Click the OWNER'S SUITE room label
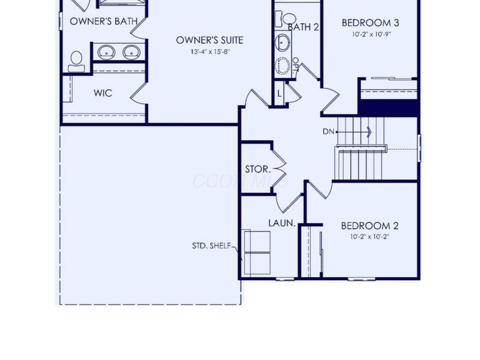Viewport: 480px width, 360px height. [x=209, y=40]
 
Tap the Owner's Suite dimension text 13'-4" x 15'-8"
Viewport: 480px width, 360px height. [x=209, y=52]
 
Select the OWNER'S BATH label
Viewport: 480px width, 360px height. [x=104, y=21]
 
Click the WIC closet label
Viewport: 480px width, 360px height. [x=103, y=93]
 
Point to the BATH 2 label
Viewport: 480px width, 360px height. [x=303, y=27]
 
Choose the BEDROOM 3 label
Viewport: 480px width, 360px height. [x=370, y=23]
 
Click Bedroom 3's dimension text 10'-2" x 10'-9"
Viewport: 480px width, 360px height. [x=370, y=35]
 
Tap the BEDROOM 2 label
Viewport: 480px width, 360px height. [x=370, y=226]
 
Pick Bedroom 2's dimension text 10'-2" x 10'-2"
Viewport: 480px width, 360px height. [x=370, y=238]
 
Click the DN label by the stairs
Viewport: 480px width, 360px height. [x=328, y=131]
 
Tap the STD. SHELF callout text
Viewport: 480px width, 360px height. [x=211, y=245]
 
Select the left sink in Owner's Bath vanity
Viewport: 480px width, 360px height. [x=107, y=52]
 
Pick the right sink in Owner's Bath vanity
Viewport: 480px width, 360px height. [x=131, y=52]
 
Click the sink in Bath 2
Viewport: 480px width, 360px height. [x=283, y=43]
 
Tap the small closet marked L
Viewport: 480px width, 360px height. [x=280, y=94]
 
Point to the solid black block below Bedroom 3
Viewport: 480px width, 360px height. [x=388, y=107]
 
